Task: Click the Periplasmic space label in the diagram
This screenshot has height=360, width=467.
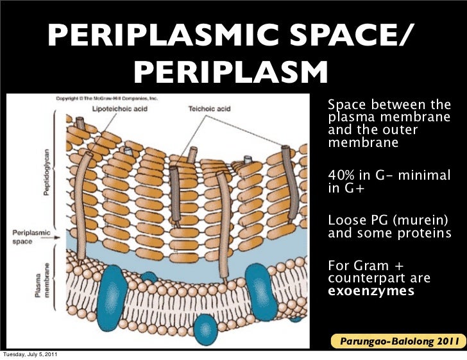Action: tap(30, 236)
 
